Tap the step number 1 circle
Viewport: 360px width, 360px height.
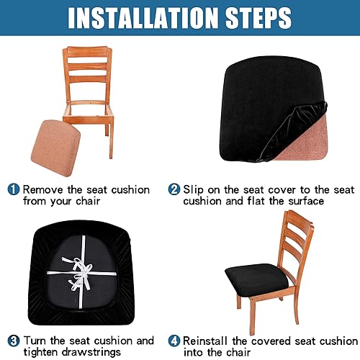point(14,190)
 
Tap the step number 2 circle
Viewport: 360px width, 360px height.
point(174,190)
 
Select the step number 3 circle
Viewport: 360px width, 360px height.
point(14,341)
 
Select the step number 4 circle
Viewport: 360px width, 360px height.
point(174,341)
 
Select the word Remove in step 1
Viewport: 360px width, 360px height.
point(43,190)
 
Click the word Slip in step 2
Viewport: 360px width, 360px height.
point(194,190)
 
